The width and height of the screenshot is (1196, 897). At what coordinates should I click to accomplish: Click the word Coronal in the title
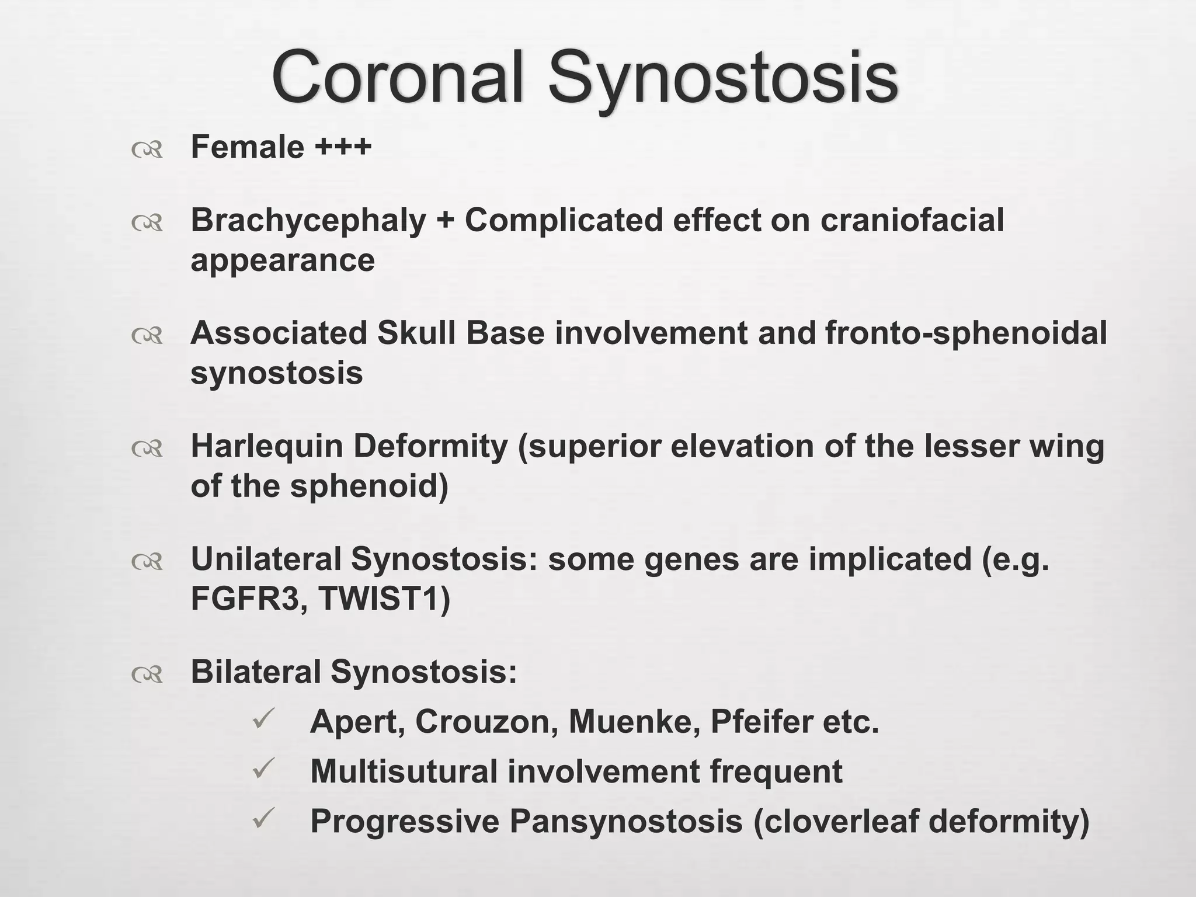[397, 78]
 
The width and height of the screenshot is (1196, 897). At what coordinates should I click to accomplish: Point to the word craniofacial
[912, 220]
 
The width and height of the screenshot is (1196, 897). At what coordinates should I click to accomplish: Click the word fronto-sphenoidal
[966, 333]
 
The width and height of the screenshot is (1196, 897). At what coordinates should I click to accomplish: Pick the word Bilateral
[256, 672]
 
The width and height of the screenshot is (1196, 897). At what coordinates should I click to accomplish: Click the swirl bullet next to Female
[147, 150]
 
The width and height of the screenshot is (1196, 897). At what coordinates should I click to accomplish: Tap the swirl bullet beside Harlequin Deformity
[147, 448]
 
